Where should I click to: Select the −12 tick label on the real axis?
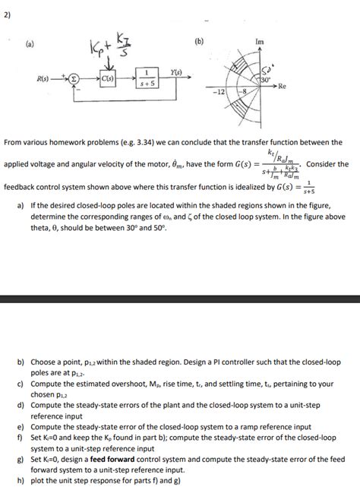click(219, 91)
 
